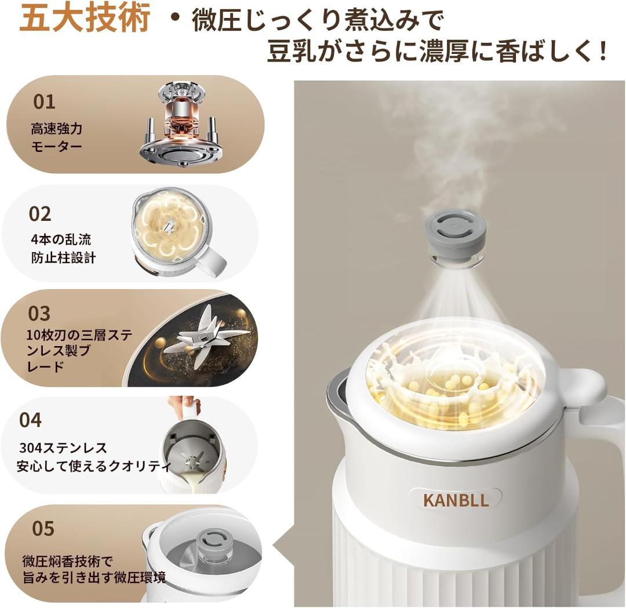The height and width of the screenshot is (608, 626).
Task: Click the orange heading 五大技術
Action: coord(85,19)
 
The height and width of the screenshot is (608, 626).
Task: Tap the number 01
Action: coord(44,102)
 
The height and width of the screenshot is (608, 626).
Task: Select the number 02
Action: coord(40,214)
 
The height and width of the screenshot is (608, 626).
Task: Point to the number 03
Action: coord(39,314)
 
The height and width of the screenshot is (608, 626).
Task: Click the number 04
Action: coord(31,420)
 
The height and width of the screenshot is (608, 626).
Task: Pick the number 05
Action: coord(43,529)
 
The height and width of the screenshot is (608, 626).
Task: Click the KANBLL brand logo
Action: coord(456,500)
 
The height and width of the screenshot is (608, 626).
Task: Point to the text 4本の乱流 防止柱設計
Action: coord(63,249)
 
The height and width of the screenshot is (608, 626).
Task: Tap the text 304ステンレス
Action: coord(63,448)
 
